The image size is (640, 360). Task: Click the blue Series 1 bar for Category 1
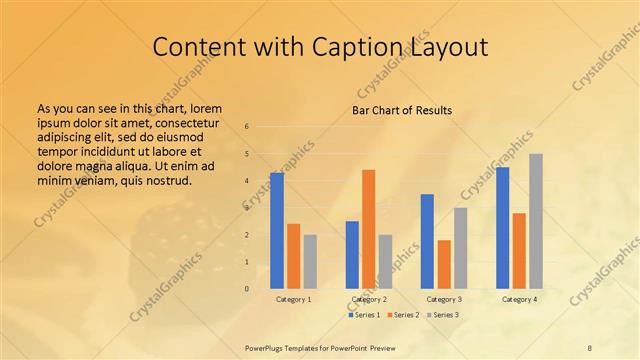tap(277, 231)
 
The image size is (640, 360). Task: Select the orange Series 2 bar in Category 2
tap(368, 229)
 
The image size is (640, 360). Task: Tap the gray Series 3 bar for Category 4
tap(536, 221)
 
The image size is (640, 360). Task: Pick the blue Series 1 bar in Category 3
tap(427, 241)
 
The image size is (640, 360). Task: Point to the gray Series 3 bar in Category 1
tap(310, 262)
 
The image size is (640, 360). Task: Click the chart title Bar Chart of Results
tap(402, 110)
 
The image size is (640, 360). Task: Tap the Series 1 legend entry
tap(365, 315)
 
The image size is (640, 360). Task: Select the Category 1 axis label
tap(293, 299)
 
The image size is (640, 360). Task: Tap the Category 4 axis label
tap(519, 299)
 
